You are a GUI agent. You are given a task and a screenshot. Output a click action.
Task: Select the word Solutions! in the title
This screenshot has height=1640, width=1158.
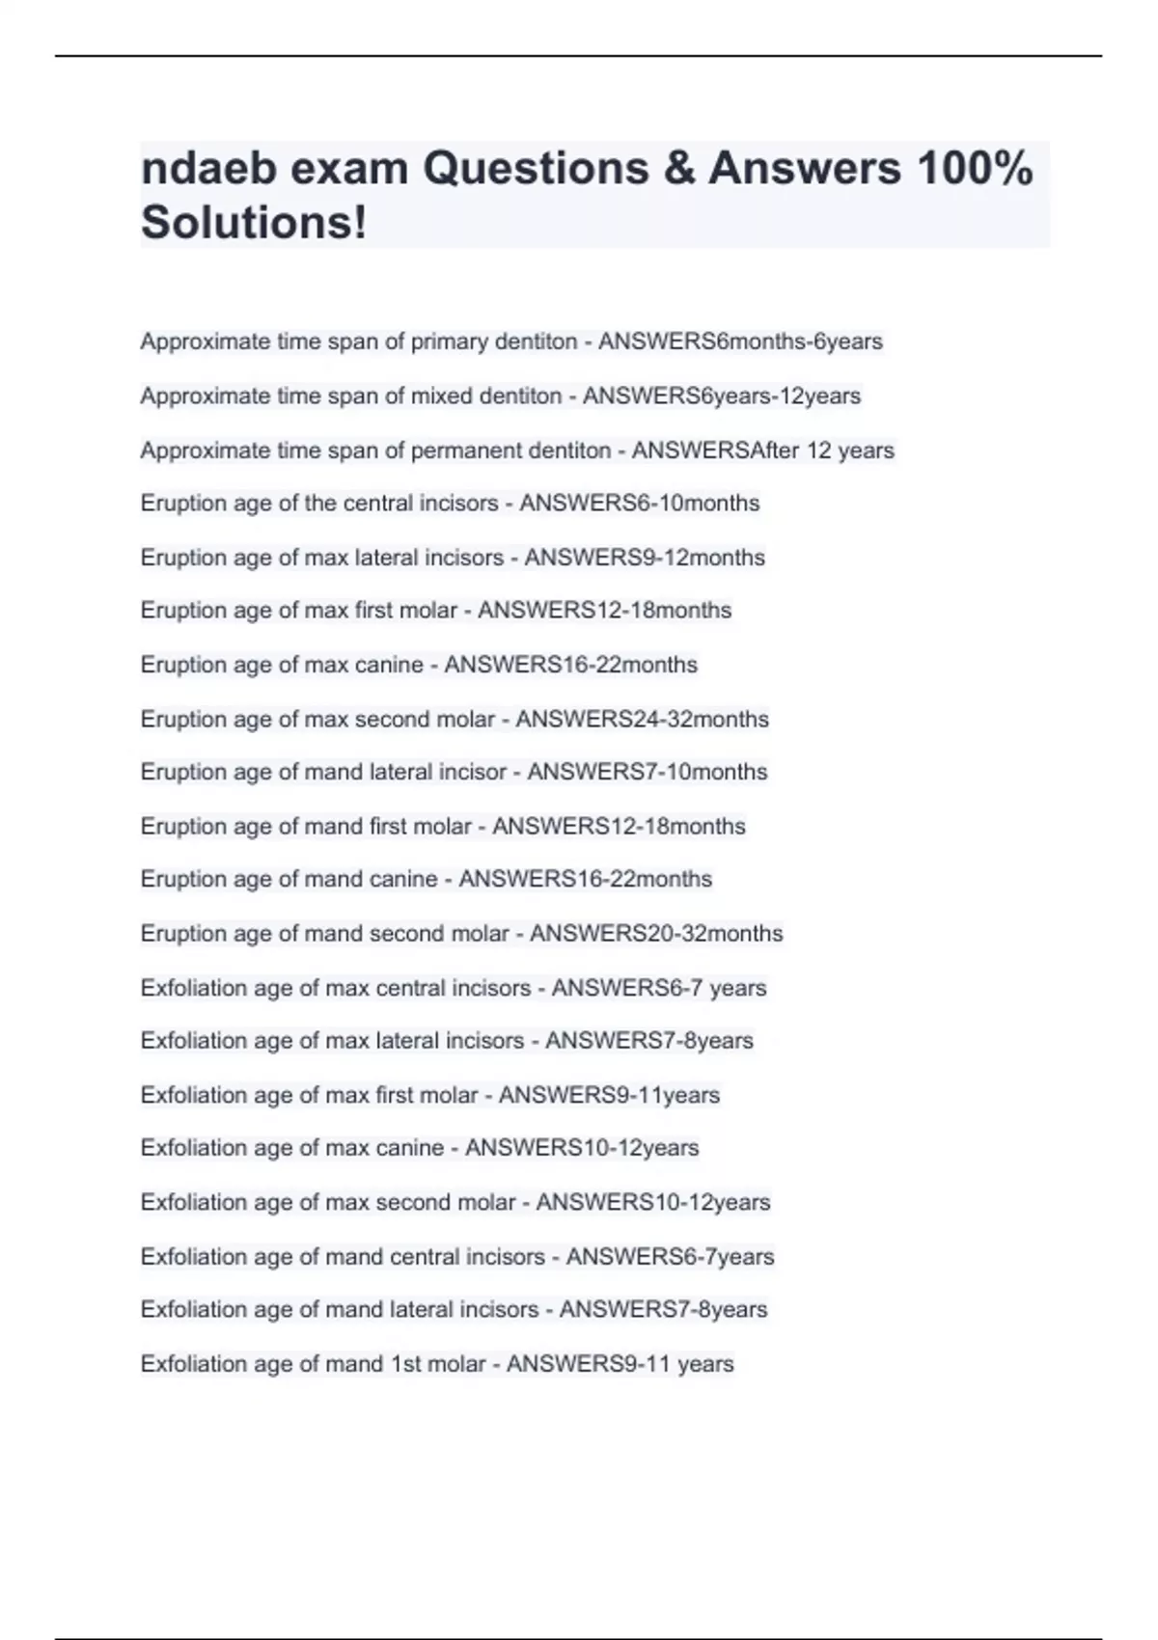pos(254,223)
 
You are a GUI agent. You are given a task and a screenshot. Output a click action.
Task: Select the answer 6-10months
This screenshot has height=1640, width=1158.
pos(701,504)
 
